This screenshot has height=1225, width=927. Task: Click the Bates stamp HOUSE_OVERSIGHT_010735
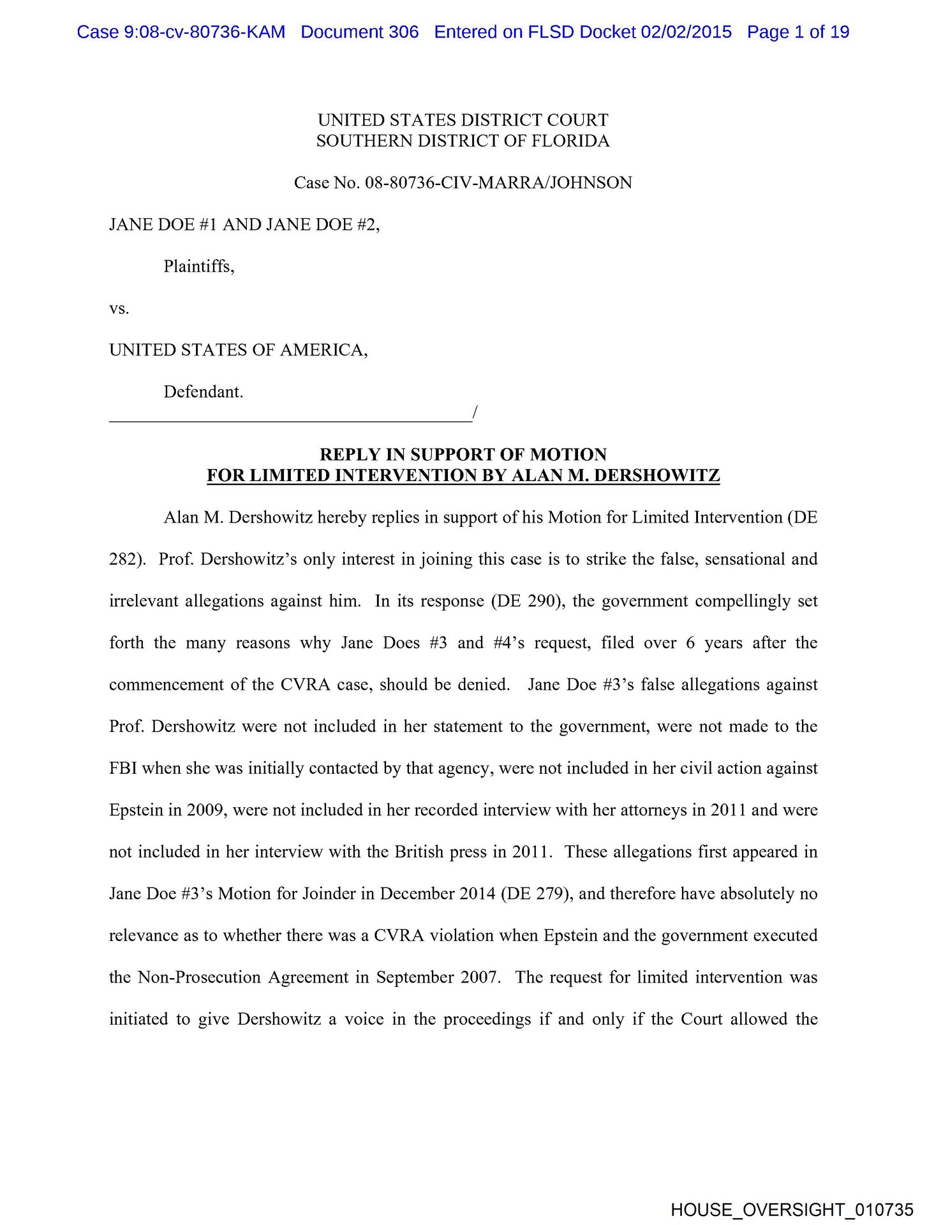coord(792,1210)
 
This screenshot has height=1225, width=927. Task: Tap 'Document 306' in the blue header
coord(360,32)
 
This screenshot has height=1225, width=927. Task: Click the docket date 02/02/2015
coord(686,32)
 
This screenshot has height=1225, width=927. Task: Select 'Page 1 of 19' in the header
coord(798,32)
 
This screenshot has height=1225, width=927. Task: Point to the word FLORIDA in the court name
coord(567,141)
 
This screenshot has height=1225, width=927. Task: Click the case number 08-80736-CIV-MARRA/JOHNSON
coord(498,183)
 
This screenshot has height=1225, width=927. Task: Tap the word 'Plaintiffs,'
coord(199,266)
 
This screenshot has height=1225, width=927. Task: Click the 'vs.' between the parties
coord(119,309)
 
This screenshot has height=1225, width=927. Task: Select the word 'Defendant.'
coord(204,392)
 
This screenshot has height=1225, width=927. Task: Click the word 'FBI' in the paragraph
coord(123,768)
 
